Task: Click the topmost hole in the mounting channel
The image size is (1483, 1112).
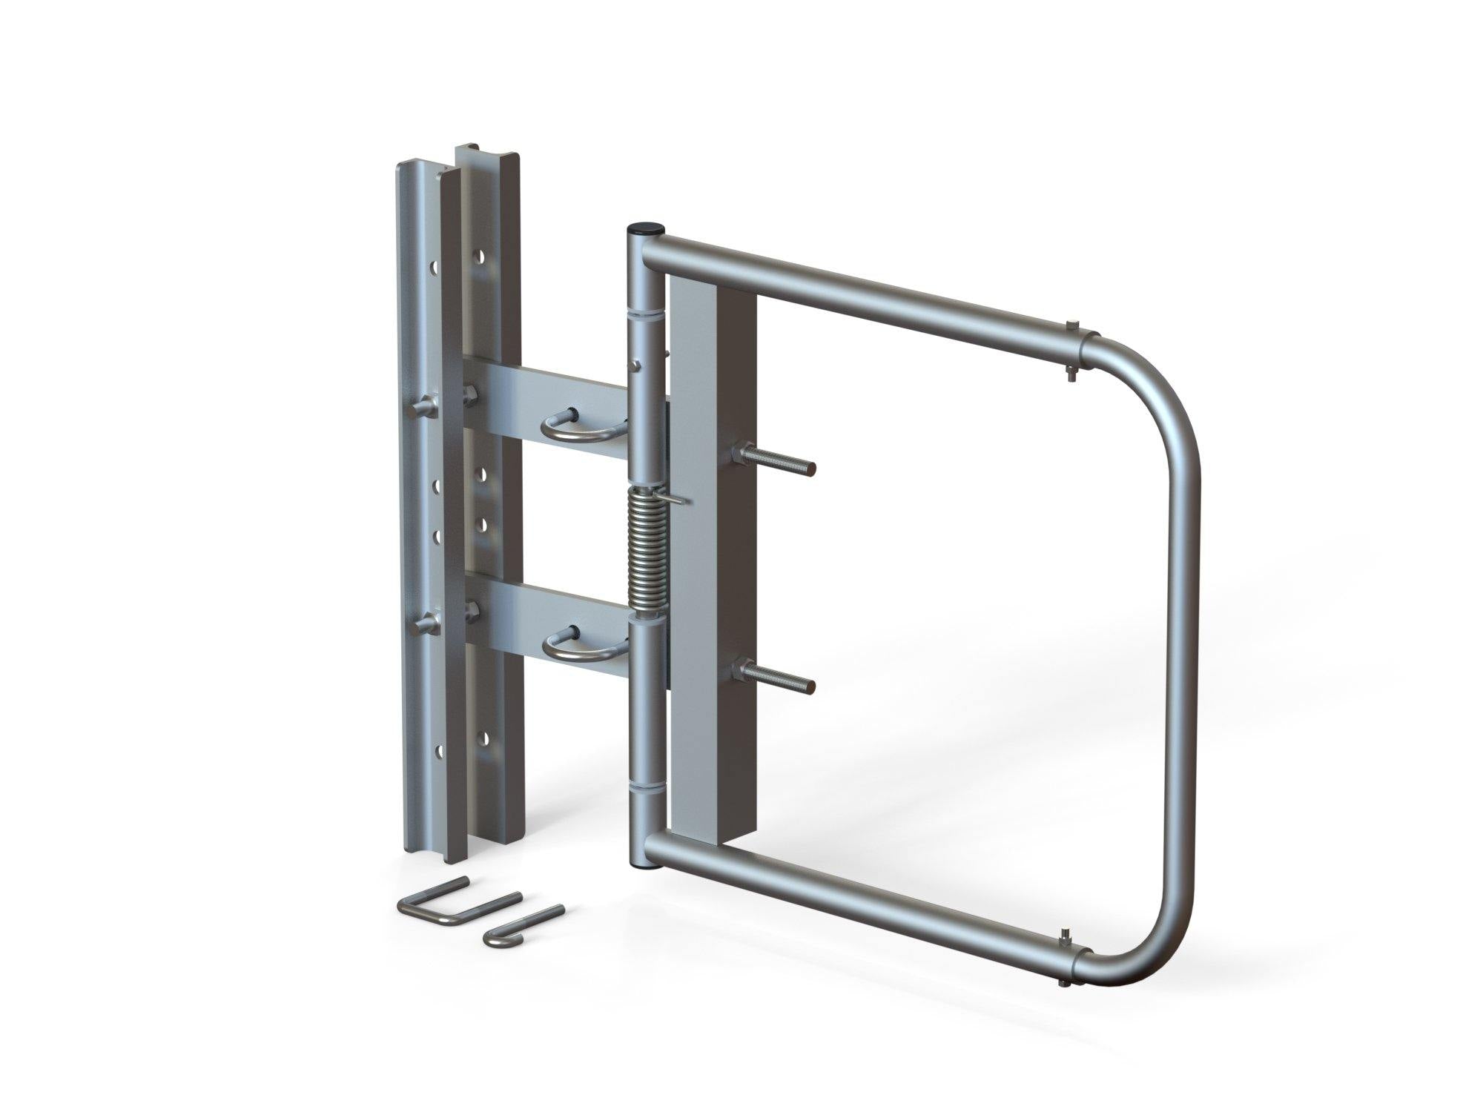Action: [x=483, y=257]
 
